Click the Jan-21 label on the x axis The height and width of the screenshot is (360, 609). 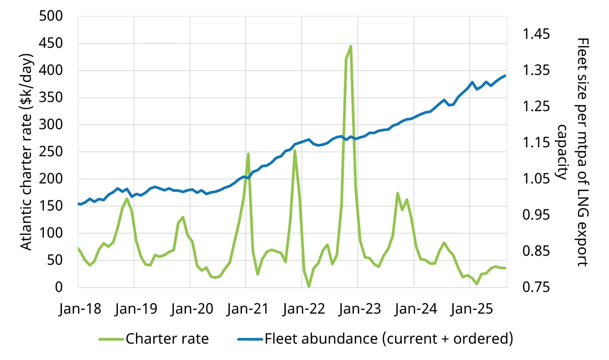coord(247,309)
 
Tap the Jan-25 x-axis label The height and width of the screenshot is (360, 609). coord(472,309)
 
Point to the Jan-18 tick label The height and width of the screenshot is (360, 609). coord(80,309)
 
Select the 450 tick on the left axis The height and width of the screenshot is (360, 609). coord(51,43)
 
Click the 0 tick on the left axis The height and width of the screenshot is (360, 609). coord(59,287)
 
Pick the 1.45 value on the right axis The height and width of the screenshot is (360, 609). coord(536,34)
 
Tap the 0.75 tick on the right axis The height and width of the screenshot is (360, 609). coord(536,287)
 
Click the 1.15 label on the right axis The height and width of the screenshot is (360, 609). coord(536,142)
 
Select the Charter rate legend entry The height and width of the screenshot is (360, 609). coord(154,339)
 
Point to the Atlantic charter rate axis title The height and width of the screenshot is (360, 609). coord(27,152)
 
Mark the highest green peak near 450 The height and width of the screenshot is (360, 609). coord(350,46)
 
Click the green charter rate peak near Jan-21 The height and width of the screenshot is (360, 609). coord(248,154)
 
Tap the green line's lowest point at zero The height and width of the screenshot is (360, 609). coord(309,286)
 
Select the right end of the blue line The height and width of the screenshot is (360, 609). coord(505,76)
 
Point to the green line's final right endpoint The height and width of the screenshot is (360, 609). coord(505,268)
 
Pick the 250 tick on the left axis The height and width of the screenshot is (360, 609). coord(51,152)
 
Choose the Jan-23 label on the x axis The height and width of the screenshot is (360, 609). coord(360,309)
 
